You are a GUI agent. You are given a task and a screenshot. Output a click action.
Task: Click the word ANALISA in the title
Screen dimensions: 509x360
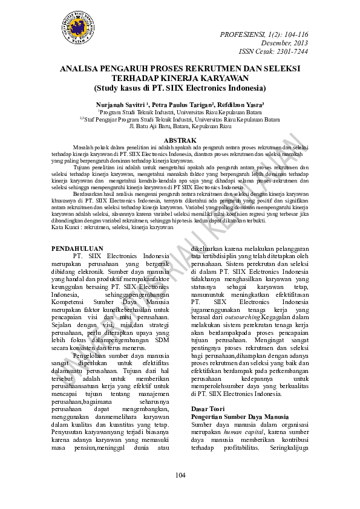tap(82, 70)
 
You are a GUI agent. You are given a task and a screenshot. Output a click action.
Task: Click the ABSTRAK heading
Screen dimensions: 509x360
tap(180, 140)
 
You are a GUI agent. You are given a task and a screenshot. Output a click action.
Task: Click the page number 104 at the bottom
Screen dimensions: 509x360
tap(180, 476)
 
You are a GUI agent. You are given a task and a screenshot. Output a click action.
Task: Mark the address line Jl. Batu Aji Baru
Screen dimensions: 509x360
tap(180, 127)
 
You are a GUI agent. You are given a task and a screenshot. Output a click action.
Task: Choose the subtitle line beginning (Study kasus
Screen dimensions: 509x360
tap(180, 88)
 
